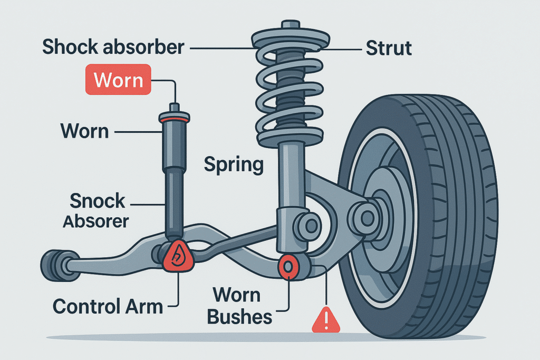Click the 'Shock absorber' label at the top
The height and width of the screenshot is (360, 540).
click(113, 47)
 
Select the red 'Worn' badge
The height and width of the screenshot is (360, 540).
click(118, 81)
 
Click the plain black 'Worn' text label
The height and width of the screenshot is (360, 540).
click(84, 130)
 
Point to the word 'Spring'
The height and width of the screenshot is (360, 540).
click(233, 165)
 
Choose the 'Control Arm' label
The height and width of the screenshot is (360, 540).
click(108, 306)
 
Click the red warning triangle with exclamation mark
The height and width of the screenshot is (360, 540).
click(323, 320)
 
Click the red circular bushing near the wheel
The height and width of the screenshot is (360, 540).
click(289, 266)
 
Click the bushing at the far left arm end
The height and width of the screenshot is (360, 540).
click(53, 263)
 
